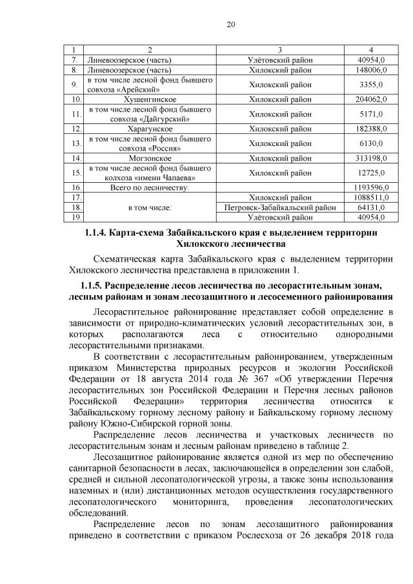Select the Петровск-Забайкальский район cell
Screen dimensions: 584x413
(280, 207)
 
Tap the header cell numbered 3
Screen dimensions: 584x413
(280, 50)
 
